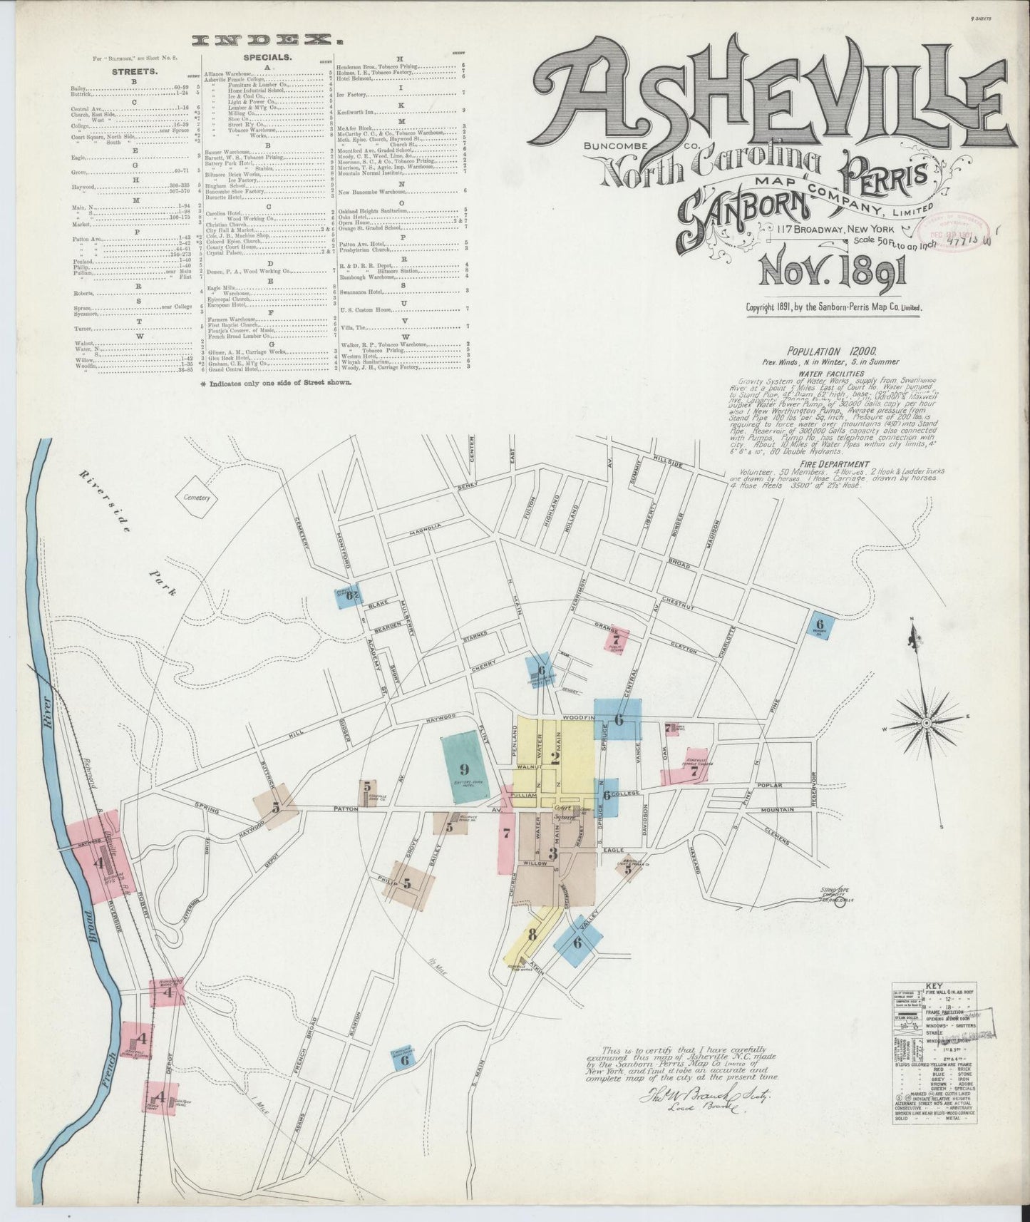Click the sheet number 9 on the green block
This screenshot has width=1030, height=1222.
463,769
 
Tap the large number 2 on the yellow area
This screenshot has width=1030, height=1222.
555,759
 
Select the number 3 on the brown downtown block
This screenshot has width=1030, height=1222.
552,853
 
